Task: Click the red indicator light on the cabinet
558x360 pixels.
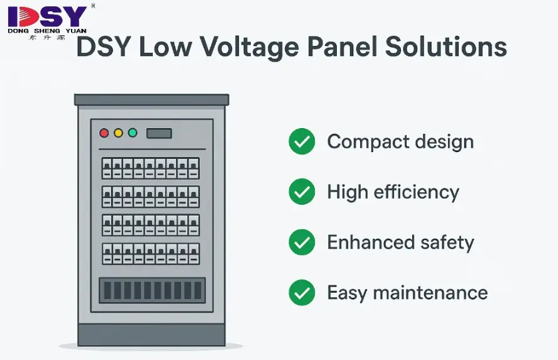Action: point(104,133)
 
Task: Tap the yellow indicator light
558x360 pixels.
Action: point(119,133)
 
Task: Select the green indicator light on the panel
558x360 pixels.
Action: point(133,133)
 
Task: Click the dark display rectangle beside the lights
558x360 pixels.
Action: point(159,133)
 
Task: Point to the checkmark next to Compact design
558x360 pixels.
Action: point(302,141)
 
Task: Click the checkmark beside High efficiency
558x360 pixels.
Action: point(302,192)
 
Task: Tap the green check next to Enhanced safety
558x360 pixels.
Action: point(302,243)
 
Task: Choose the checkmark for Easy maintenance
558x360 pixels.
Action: point(302,293)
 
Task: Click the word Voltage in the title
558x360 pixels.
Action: point(249,48)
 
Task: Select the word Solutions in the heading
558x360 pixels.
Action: point(446,46)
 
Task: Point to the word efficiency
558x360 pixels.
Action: point(417,193)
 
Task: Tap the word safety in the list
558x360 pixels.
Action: point(447,243)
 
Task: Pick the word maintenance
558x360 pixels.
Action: point(430,293)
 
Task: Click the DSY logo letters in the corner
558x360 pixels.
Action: point(47,17)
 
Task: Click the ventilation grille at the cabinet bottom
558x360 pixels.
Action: point(152,290)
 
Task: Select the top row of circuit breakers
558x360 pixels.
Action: point(151,168)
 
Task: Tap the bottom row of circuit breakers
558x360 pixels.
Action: point(151,254)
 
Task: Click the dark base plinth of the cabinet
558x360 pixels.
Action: point(151,334)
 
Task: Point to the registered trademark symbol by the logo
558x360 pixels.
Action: point(93,6)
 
